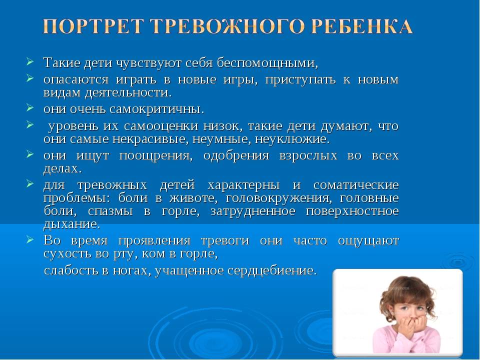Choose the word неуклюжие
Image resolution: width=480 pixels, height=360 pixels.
coord(292,139)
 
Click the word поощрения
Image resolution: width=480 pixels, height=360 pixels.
coord(156,156)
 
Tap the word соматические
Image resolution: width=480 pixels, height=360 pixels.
coord(356,185)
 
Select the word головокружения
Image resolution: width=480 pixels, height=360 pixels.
coord(278,198)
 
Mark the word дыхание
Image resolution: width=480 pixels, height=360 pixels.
coord(72,224)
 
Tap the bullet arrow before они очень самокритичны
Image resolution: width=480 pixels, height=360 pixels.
coord(29,107)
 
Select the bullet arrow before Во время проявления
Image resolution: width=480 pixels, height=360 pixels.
coord(29,238)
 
